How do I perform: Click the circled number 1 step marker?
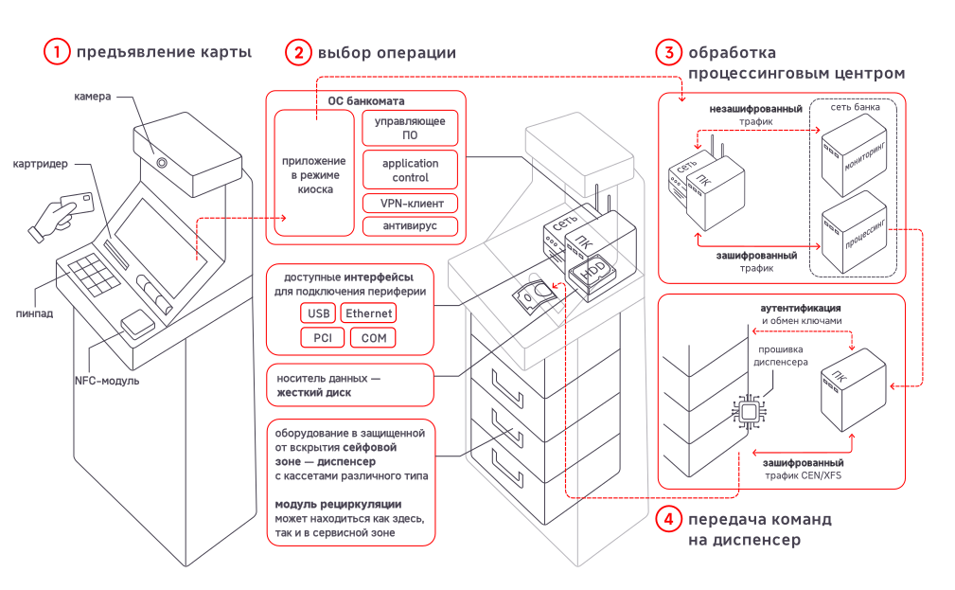click(x=57, y=52)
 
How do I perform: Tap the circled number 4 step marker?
click(x=668, y=520)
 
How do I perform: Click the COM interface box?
click(x=373, y=338)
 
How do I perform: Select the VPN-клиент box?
click(x=410, y=203)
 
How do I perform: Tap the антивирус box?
click(x=410, y=226)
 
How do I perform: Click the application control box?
click(x=410, y=170)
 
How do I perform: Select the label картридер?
click(x=40, y=164)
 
